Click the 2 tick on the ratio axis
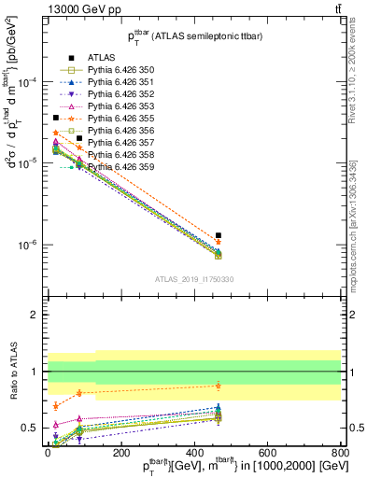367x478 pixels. coord(35,315)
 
